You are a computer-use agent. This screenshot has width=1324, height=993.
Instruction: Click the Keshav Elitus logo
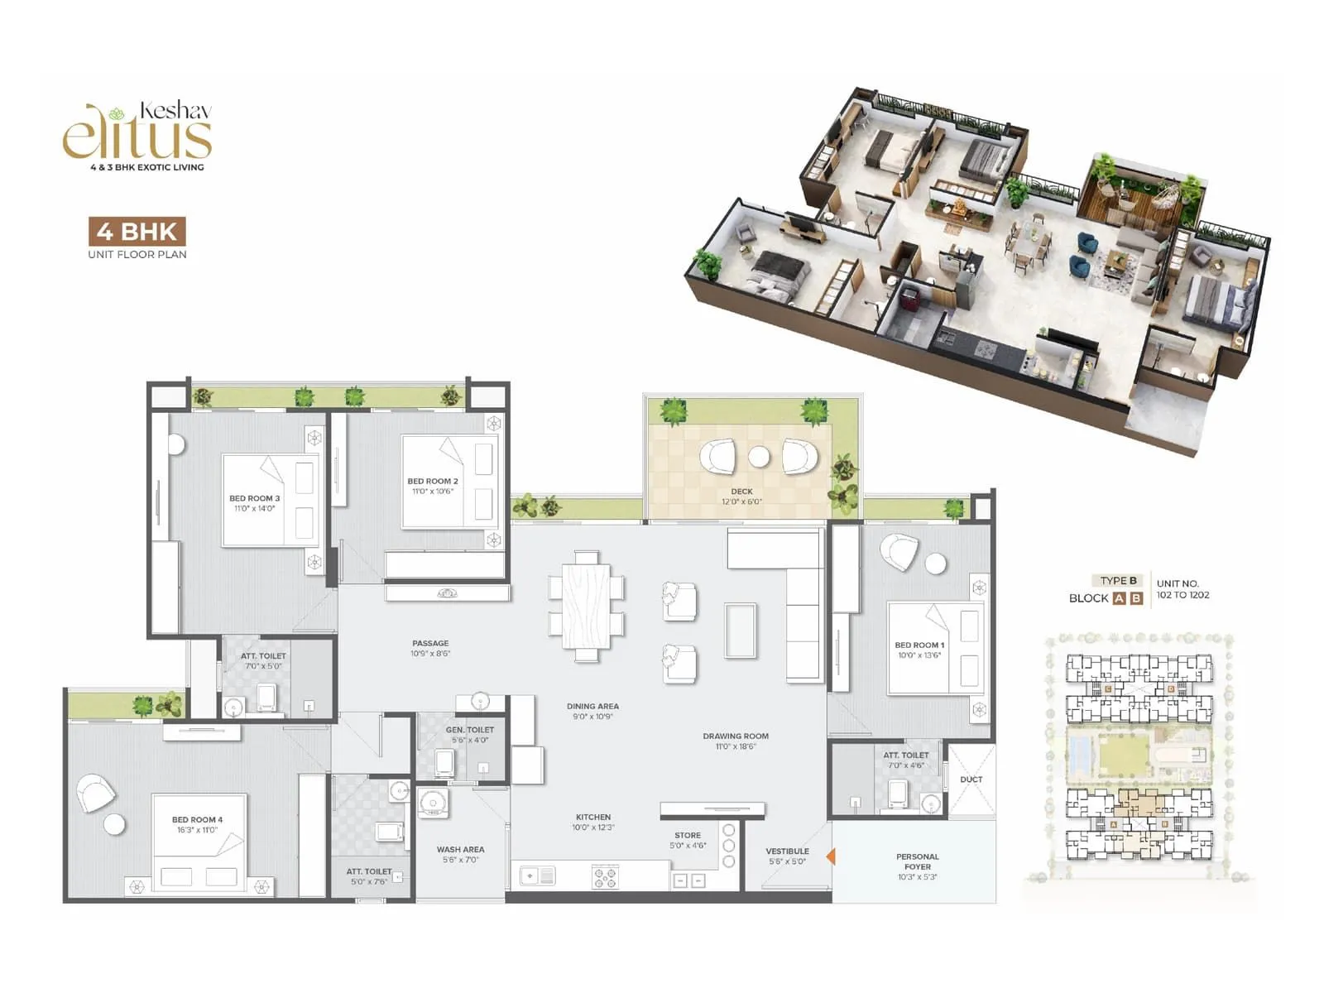tap(138, 135)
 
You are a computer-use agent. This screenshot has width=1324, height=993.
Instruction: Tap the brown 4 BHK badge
tap(137, 231)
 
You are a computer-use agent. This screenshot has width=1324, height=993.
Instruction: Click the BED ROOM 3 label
tap(255, 498)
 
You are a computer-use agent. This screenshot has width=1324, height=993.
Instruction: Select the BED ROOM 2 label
tap(432, 481)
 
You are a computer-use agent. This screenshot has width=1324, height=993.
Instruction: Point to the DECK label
tap(741, 492)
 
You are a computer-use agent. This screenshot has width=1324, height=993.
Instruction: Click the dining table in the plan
tap(587, 606)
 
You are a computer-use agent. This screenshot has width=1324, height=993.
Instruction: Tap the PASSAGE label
tap(430, 643)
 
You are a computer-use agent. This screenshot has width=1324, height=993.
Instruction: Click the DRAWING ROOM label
tap(736, 736)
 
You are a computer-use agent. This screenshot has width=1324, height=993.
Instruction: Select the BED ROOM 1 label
tap(919, 645)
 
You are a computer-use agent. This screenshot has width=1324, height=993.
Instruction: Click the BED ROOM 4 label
tap(197, 819)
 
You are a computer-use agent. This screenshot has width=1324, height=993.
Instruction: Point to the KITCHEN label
tap(593, 817)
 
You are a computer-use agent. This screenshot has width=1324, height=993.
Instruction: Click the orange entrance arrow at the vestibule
tap(830, 856)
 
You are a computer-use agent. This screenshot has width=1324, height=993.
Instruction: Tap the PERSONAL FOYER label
tap(917, 861)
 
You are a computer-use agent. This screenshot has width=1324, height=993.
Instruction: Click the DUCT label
tap(971, 780)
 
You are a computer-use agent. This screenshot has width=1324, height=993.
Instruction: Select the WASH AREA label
tap(460, 849)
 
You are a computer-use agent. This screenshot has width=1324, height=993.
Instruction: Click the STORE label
tap(688, 835)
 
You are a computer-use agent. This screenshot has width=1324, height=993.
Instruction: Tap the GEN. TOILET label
tap(469, 730)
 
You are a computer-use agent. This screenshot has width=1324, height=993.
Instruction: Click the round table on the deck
tap(759, 456)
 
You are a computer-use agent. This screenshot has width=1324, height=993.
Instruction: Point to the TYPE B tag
tap(1118, 580)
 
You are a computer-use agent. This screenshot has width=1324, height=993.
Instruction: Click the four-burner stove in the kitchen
tap(605, 877)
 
